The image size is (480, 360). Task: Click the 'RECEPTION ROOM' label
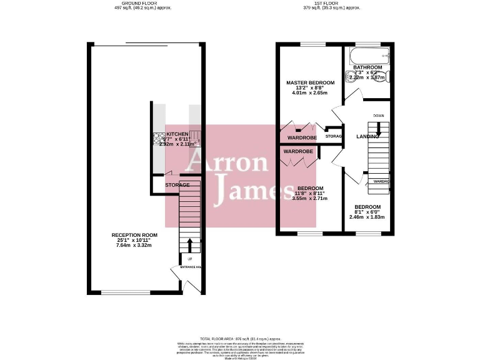click(x=135, y=235)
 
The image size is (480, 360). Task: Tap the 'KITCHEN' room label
click(x=177, y=134)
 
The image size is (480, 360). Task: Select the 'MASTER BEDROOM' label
click(x=311, y=82)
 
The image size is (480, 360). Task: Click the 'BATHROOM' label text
click(x=367, y=67)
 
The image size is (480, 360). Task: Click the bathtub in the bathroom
click(x=372, y=53)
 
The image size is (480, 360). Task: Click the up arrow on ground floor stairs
click(x=190, y=244)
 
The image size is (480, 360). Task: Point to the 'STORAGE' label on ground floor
click(x=177, y=185)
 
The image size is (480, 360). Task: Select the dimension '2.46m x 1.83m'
click(x=367, y=217)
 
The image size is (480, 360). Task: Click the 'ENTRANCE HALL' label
click(x=191, y=267)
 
